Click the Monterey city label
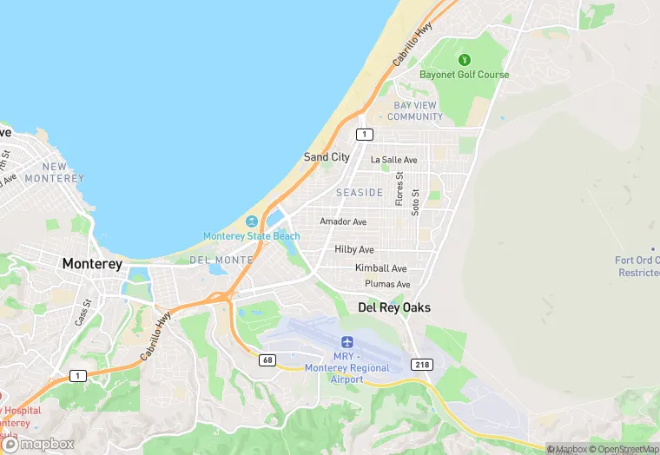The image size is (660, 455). point(92,264)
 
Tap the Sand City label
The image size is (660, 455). point(327,157)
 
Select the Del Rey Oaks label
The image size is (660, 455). point(394,307)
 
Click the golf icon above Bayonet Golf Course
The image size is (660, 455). point(464,60)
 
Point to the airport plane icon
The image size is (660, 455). point(348,342)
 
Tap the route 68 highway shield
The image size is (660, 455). point(267,359)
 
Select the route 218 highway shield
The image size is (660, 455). point(422,365)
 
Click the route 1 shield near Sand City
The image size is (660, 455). point(365,134)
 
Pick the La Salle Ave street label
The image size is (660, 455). point(394,160)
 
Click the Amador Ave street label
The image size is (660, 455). point(343,221)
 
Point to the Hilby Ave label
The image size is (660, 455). point(354,249)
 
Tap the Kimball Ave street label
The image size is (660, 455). point(380,268)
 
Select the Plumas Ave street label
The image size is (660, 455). point(387,284)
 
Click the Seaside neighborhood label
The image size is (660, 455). point(360,192)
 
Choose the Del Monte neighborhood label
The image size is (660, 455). point(221,260)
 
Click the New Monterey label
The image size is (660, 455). point(54,172)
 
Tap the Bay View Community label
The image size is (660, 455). point(415,111)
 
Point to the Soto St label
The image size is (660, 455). point(416,201)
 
